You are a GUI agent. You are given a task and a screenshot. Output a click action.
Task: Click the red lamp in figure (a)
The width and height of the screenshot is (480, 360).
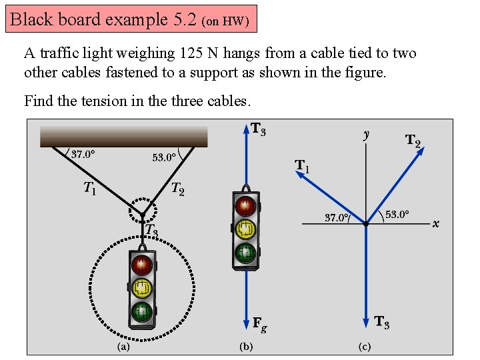(142, 265)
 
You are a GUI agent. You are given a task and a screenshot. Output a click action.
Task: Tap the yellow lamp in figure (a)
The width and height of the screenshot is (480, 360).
(142, 288)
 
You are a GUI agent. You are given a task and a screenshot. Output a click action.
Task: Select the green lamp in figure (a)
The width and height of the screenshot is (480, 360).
(142, 311)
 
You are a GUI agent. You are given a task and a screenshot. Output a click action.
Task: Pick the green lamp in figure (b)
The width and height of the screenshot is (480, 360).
(245, 252)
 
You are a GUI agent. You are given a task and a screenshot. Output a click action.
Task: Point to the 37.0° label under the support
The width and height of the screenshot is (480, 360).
(83, 155)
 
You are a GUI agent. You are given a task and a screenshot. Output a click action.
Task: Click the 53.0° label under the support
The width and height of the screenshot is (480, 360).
(164, 158)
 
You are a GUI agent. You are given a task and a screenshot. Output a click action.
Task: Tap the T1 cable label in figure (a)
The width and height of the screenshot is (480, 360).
(90, 189)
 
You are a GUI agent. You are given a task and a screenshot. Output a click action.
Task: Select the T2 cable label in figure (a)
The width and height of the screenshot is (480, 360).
(177, 189)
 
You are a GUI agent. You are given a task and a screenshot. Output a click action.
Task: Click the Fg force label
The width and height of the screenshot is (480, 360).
(260, 323)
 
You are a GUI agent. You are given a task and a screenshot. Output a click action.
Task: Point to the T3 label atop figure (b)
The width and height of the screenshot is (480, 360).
(258, 129)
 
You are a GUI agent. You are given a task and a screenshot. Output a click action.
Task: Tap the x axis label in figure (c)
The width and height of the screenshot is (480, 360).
(435, 224)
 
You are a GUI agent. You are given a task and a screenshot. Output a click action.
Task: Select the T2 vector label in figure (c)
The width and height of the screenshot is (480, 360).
(413, 141)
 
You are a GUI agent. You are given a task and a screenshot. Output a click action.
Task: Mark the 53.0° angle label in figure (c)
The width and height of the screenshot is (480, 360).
(397, 215)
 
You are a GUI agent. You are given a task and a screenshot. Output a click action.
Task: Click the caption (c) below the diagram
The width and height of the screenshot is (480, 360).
(365, 347)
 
